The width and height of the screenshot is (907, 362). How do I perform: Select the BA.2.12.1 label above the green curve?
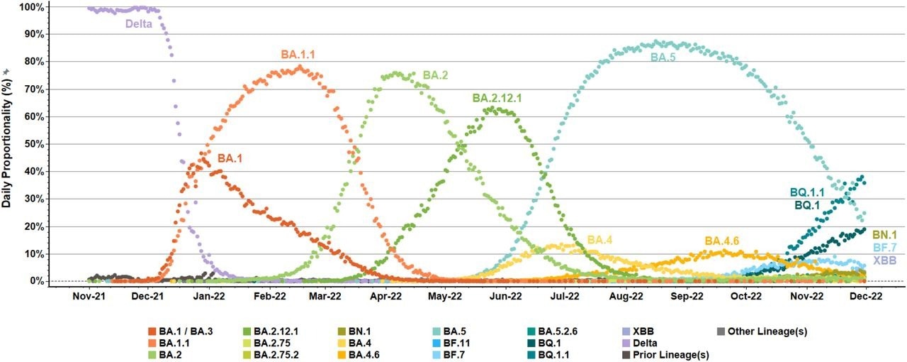497,98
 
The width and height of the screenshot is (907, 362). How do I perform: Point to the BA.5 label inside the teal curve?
663,57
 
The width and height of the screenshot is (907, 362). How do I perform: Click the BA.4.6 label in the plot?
722,241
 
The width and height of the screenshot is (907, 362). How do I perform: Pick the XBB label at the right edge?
883,260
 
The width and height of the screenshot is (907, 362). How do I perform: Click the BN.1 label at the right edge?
884,234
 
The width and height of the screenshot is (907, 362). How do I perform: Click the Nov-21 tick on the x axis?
89,294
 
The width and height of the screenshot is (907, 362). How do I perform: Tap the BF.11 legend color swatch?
436,343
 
